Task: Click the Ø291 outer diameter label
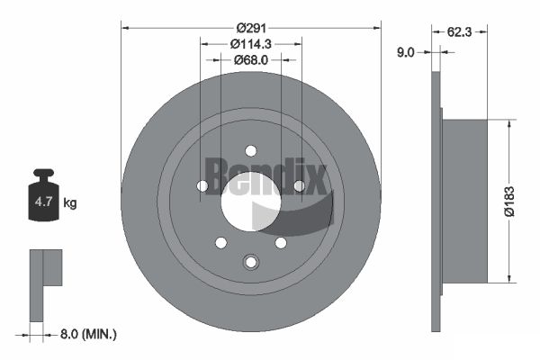pos(251,28)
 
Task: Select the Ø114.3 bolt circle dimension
pos(251,44)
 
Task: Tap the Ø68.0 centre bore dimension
pos(251,60)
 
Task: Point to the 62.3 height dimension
pos(459,32)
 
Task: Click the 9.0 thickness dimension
pos(406,52)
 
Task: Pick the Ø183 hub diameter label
pos(509,202)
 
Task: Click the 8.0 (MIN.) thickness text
pos(88,334)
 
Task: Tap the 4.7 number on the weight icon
pos(43,202)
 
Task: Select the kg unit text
pos(70,202)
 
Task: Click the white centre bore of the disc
pos(251,202)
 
